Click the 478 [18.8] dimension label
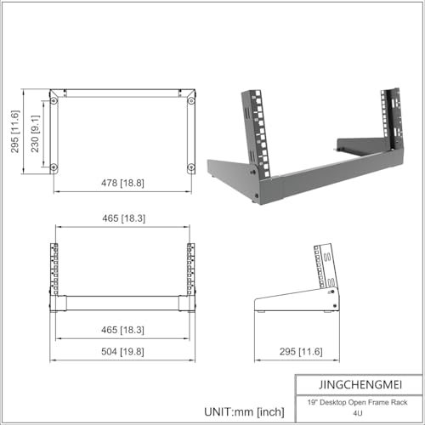pos(122,183)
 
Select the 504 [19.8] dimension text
pos(122,351)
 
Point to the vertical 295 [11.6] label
pos(14,132)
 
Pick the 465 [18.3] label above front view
pos(122,218)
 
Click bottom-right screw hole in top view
pos(191,166)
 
